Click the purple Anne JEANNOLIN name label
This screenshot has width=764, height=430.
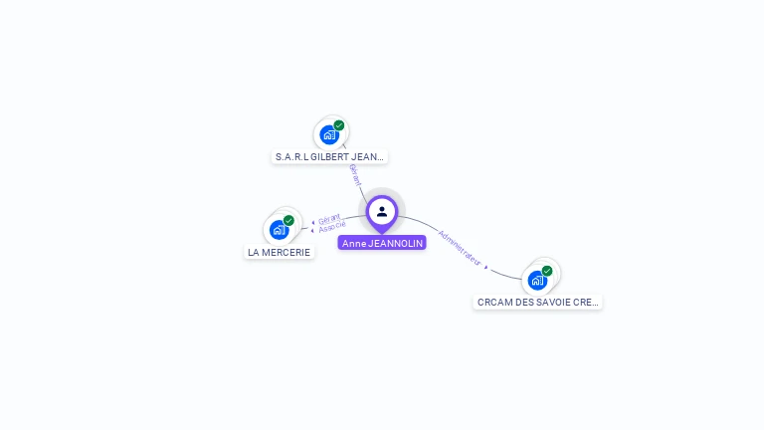coord(382,243)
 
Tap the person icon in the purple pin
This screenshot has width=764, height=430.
coord(382,211)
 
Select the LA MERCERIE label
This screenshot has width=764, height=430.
coord(280,252)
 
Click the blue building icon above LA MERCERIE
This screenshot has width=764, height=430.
coord(279,230)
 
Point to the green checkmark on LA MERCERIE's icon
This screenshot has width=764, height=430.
coord(288,220)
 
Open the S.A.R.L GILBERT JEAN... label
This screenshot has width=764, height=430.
coord(328,156)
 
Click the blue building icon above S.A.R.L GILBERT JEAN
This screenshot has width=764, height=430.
coord(329,135)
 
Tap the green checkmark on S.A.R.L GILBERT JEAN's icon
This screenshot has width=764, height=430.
coord(339,125)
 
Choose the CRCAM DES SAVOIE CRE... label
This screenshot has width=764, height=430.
coord(537,302)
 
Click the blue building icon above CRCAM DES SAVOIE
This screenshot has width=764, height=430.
coord(537,280)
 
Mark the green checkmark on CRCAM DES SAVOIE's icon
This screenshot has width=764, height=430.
coord(547,270)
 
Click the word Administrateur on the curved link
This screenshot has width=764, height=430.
coord(460,248)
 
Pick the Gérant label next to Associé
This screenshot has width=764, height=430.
coord(329,218)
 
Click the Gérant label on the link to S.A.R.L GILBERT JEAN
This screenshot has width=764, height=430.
coord(355,175)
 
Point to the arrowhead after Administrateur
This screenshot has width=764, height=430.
coord(486,267)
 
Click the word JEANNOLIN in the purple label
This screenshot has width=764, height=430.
coord(396,243)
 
